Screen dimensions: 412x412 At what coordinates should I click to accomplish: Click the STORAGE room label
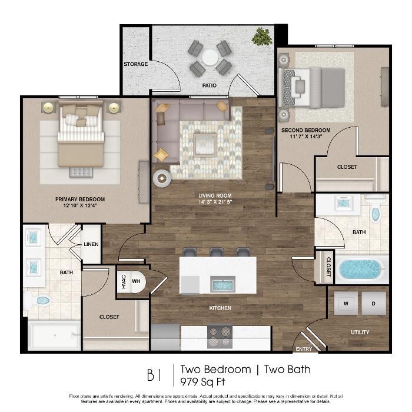point(135,64)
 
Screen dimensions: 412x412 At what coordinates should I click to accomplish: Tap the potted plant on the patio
point(261,36)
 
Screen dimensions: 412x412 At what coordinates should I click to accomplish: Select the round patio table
point(210,58)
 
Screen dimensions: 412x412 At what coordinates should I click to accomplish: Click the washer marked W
point(346,304)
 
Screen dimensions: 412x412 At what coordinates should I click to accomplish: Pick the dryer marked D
point(373,304)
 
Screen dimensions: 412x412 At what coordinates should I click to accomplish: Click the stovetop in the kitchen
point(220,337)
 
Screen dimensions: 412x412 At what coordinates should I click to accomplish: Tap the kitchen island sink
point(222,285)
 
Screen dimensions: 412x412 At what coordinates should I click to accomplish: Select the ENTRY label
point(304,349)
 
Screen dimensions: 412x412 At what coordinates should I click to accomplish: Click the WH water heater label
point(136,281)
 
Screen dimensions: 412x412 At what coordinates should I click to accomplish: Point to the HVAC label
point(124,282)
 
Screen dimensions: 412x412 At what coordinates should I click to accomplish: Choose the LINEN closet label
point(91,244)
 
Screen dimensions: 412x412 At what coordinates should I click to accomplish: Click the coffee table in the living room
point(205,145)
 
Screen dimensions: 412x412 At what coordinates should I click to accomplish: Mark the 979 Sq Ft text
point(202,382)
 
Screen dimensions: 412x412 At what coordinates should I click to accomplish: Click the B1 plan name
point(154,375)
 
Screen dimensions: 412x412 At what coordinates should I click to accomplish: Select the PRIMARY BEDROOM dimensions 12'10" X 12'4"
point(80,205)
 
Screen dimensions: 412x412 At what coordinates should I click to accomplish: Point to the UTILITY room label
point(360,333)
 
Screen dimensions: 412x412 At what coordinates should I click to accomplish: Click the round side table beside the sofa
point(162,179)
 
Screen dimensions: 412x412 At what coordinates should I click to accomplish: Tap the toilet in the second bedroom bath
point(376,208)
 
